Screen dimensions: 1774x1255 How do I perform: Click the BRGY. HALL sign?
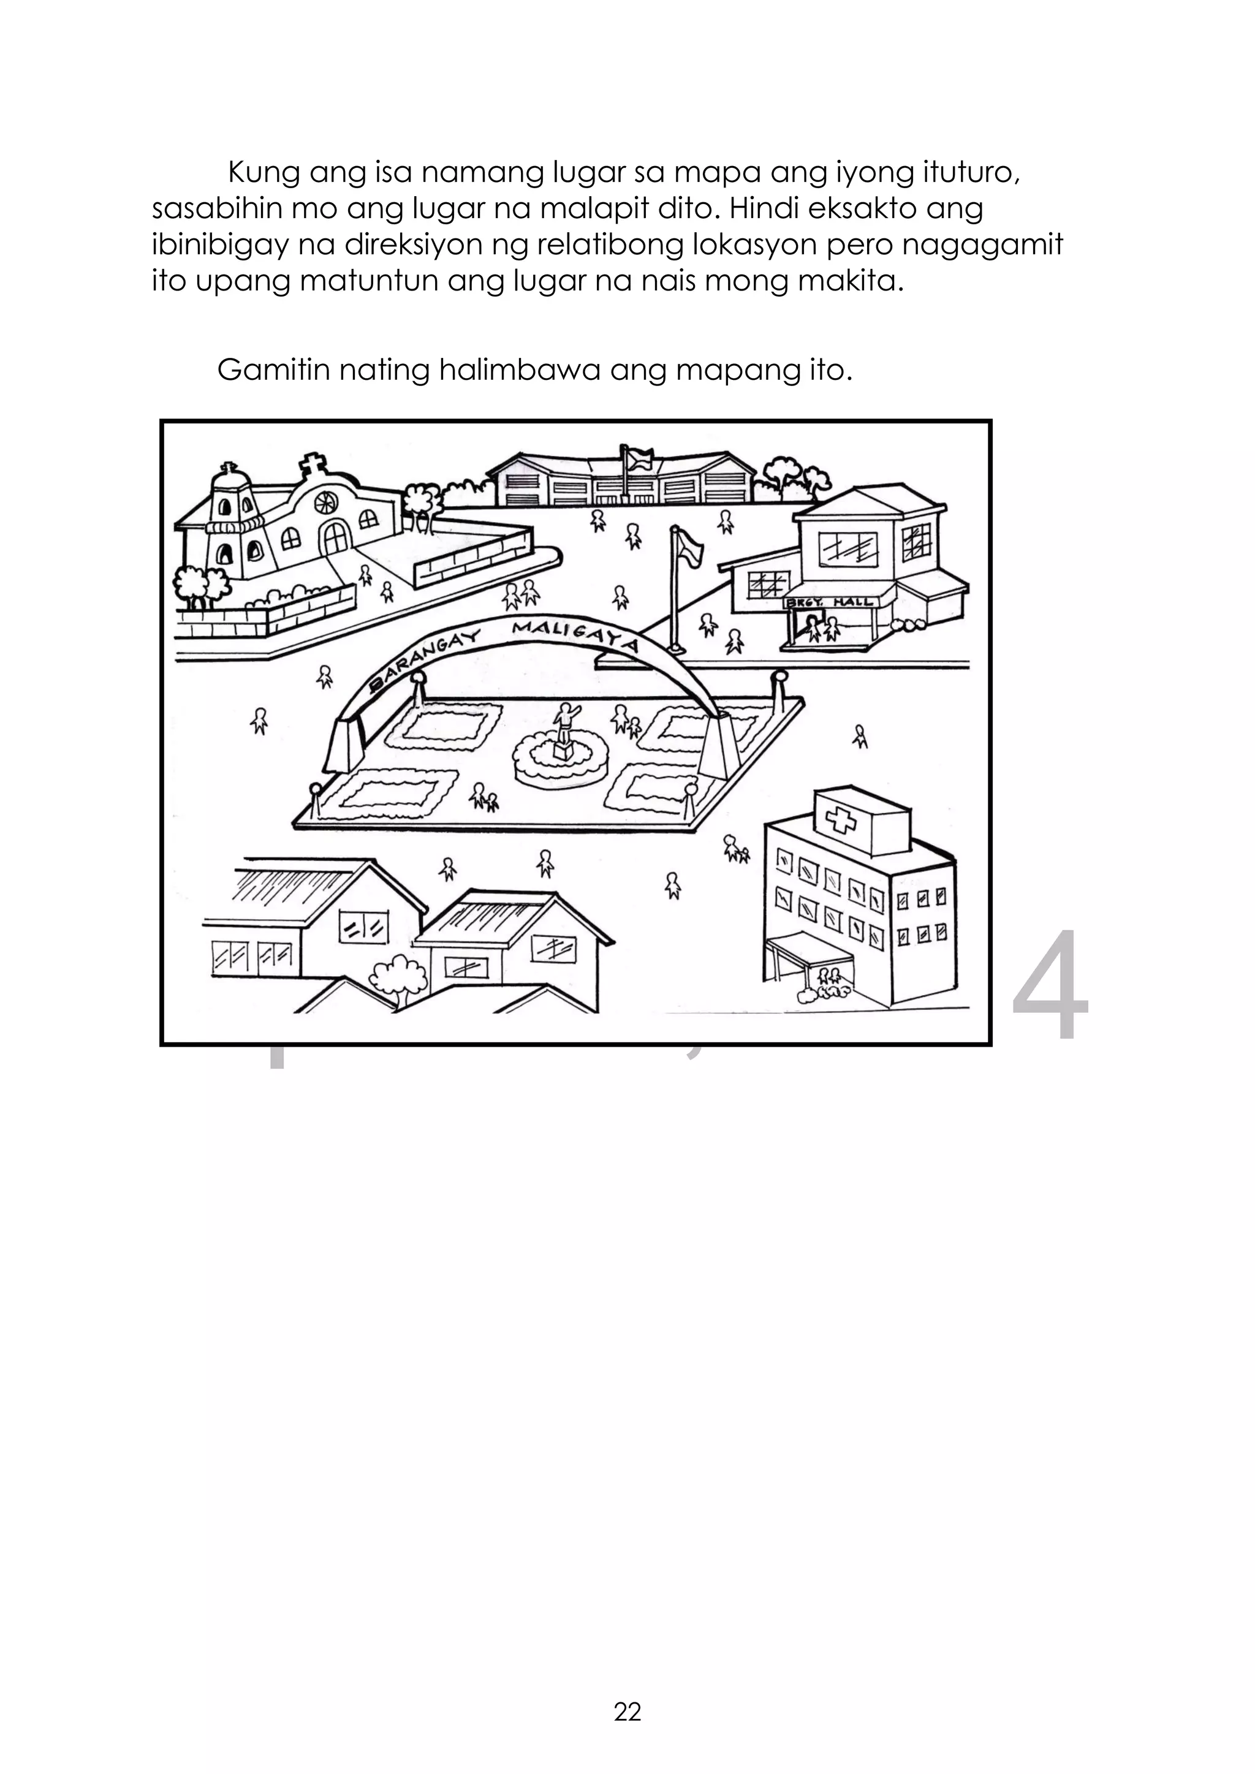pyautogui.click(x=829, y=601)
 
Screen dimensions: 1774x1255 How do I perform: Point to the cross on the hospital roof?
pyautogui.click(x=840, y=818)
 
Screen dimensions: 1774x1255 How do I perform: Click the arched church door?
pyautogui.click(x=335, y=537)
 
